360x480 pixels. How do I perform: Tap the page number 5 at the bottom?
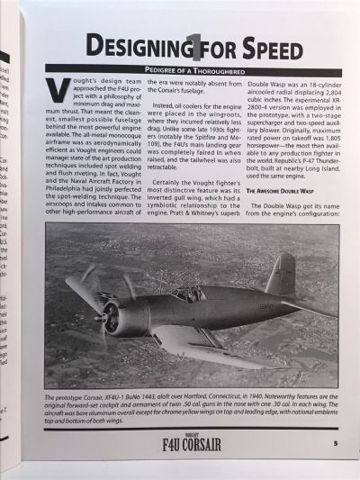click(334, 442)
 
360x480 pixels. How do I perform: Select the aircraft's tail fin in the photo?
click(281, 274)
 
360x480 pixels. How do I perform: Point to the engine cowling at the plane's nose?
click(126, 314)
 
